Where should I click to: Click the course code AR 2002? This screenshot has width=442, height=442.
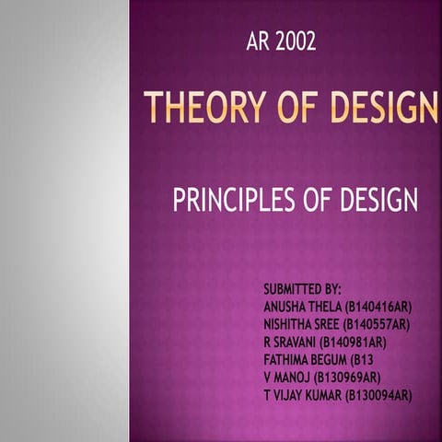point(282,41)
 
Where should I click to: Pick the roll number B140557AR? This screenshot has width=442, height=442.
point(376,325)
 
